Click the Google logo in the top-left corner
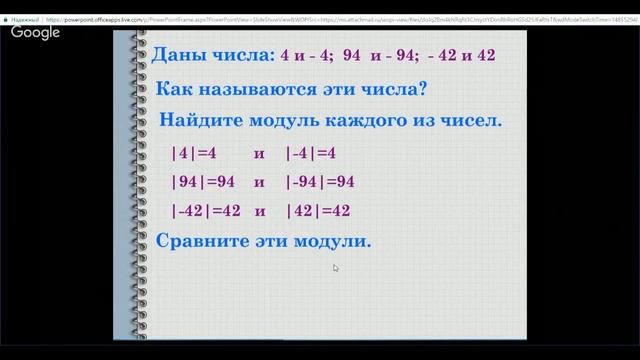pos(35,32)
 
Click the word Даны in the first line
pos(175,56)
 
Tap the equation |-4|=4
pos(310,154)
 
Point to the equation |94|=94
pos(203,183)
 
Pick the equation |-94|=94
pos(320,183)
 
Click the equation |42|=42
pos(318,211)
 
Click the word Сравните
pos(199,241)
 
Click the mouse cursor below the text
pos(336,268)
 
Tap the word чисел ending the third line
pos(468,122)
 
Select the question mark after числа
pos(423,89)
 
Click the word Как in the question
pos(177,89)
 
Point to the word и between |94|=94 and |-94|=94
pos(259,183)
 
